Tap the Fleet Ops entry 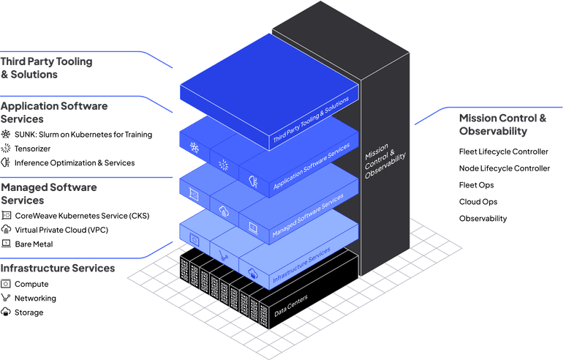click(x=475, y=185)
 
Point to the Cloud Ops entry click(x=478, y=202)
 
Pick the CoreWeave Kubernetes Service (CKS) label click(x=81, y=215)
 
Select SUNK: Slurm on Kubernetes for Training click(x=83, y=135)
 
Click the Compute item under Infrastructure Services click(x=31, y=284)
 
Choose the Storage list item click(x=29, y=312)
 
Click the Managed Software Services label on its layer click(x=307, y=216)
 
